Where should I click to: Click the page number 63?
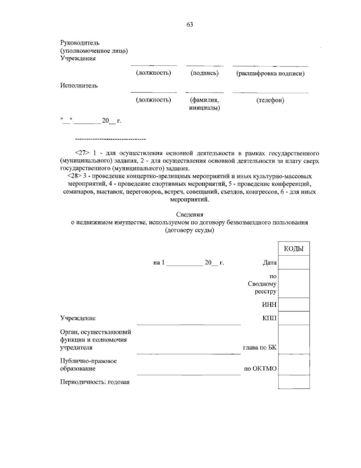tap(190, 25)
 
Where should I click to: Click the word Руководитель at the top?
tap(80, 43)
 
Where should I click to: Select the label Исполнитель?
tap(79, 86)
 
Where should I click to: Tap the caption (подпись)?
tap(205, 73)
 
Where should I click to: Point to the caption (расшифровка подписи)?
tap(270, 73)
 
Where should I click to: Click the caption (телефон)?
tap(270, 100)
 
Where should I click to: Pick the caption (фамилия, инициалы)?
tap(205, 104)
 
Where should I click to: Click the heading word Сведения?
tap(190, 215)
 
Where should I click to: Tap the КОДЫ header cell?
tap(294, 249)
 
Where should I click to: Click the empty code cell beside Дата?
tap(294, 262)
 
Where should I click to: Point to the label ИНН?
tap(269, 305)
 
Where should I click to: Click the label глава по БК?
tap(260, 347)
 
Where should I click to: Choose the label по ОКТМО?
tap(260, 368)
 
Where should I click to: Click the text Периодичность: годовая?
tap(95, 382)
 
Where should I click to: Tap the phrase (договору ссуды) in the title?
tap(190, 231)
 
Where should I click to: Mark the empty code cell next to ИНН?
tap(294, 305)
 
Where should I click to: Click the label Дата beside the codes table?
tap(270, 262)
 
